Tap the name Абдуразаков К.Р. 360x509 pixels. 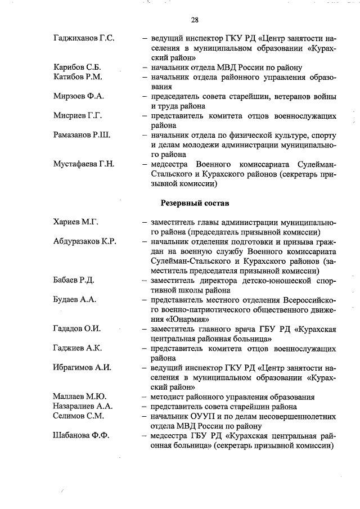pyautogui.click(x=84, y=241)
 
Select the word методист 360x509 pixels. pyautogui.click(x=169, y=397)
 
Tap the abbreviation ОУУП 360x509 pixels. pyautogui.click(x=201, y=416)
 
